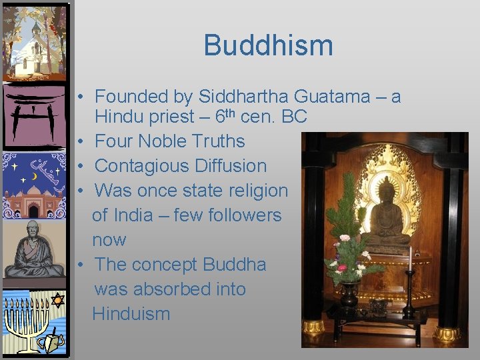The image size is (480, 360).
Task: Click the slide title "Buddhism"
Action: pos(268,45)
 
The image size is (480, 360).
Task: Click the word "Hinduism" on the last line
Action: pos(131,313)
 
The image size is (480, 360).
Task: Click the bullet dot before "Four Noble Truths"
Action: pos(79,142)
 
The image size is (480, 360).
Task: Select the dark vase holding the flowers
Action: pos(349,293)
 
